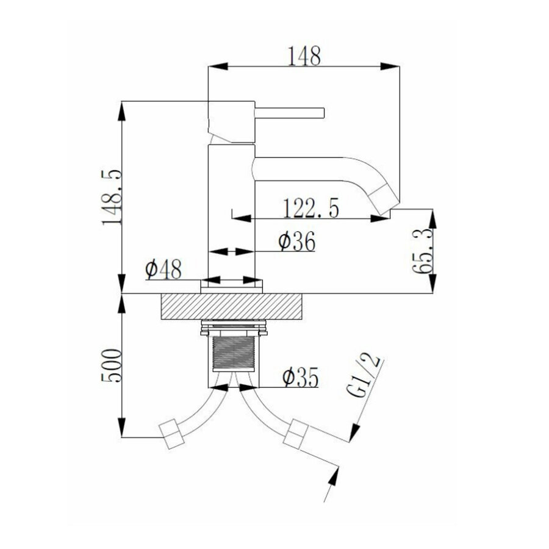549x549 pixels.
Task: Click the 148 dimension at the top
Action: pos(304,56)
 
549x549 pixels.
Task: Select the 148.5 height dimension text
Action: pos(112,198)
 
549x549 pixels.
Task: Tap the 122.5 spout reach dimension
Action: pos(310,209)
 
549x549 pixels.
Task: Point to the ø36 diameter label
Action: pos(296,242)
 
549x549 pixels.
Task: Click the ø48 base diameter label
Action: pos(163,268)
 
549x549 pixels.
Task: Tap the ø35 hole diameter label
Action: pos(300,378)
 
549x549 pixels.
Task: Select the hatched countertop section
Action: pos(232,306)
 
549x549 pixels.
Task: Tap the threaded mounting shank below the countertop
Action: pos(232,354)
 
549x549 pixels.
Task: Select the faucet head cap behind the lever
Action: pos(231,122)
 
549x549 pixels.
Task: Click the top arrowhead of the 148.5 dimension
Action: pos(122,110)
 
